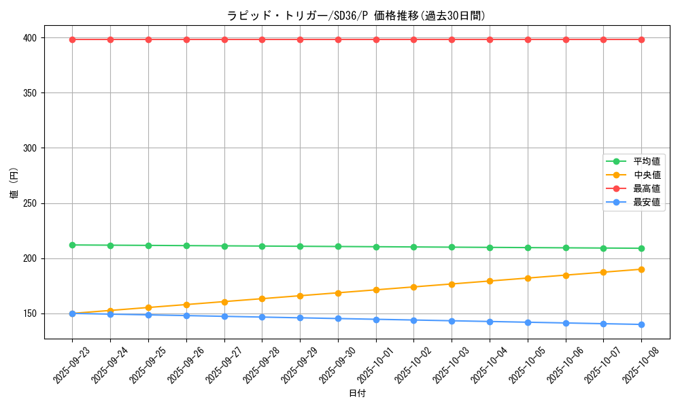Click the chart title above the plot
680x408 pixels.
[x=356, y=16]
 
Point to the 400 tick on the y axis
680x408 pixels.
[x=31, y=37]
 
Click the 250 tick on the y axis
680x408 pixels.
[x=31, y=203]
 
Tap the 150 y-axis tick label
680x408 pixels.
[x=31, y=313]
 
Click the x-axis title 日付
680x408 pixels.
[x=357, y=394]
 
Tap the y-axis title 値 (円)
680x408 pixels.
[x=14, y=185]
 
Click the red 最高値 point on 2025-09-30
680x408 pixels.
[x=338, y=39]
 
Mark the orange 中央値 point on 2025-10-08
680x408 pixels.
[x=641, y=269]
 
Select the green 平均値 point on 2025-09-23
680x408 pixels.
[x=72, y=245]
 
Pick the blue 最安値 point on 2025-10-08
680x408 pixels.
[x=641, y=324]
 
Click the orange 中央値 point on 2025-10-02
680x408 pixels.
[x=413, y=287]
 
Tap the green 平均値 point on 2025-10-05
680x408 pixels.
[x=528, y=248]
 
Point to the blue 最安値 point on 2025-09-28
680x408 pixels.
[x=262, y=317]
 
